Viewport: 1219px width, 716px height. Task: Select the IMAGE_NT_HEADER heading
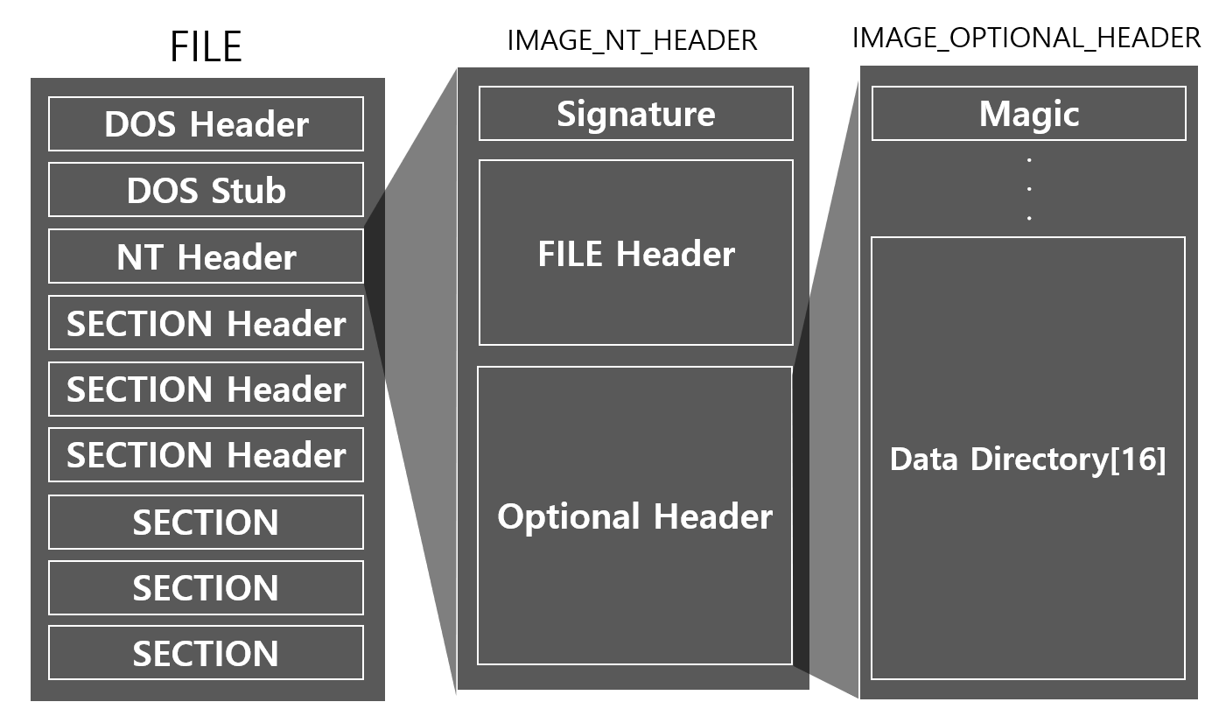(632, 40)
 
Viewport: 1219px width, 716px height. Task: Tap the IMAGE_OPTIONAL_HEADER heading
(1026, 38)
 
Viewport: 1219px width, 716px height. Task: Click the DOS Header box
(206, 124)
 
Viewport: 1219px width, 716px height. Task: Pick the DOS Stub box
(206, 190)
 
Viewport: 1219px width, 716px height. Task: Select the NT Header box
(206, 256)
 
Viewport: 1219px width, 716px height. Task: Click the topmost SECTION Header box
(206, 324)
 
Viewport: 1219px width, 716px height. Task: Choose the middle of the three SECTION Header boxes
(206, 389)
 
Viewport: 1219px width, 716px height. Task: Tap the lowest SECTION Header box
(206, 455)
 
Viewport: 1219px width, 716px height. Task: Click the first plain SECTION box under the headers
(206, 522)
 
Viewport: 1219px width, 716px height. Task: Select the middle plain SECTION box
(206, 587)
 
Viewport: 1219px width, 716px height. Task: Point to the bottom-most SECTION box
(206, 653)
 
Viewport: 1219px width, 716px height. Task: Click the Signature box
(635, 114)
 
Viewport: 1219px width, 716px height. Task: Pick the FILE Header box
(635, 253)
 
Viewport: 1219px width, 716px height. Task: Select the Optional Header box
(634, 516)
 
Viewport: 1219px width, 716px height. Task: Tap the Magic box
(1028, 114)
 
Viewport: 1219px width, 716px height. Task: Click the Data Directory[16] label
(1027, 460)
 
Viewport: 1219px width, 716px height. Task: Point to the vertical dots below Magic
(1029, 188)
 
